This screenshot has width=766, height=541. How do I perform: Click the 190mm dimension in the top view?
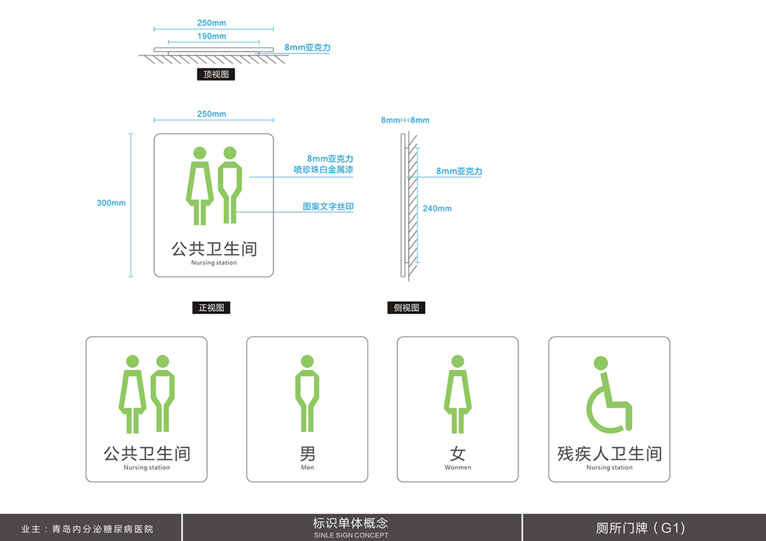pos(212,36)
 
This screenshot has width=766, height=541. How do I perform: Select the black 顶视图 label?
pos(216,74)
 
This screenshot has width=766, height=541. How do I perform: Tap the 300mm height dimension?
pos(111,203)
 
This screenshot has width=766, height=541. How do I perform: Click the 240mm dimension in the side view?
pos(437,208)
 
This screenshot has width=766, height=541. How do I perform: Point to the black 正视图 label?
pos(211,308)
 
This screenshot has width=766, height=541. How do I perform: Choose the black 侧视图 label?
pos(407,308)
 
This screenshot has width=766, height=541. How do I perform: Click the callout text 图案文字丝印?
pos(328,206)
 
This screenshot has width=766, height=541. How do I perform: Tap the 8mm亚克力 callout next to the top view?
pos(307,48)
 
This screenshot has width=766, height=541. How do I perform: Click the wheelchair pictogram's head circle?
pos(601,363)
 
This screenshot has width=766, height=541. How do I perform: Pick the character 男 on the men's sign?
pos(307,452)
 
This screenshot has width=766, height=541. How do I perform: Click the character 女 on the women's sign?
pos(457,452)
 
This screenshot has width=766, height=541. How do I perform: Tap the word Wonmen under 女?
pos(458,467)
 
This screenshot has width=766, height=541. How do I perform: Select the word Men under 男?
pos(307,467)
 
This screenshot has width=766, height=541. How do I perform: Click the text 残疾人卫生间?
pos(609,452)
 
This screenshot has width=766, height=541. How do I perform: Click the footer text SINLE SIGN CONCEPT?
pos(351,535)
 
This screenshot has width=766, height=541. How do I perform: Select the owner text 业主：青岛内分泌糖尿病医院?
pos(87,529)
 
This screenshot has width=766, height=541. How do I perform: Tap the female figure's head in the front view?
pos(200,154)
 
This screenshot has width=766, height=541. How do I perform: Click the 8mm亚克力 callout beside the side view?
pos(459,171)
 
